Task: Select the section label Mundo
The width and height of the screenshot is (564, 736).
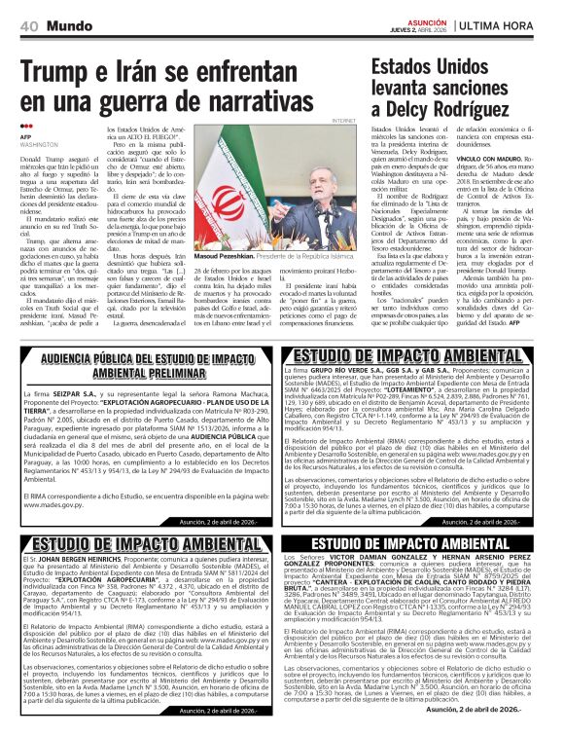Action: [69, 23]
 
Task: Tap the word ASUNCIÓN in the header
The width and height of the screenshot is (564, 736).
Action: [426, 19]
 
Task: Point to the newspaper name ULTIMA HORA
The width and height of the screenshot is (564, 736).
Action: [509, 23]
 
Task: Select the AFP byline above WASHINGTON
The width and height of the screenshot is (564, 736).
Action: [25, 136]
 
